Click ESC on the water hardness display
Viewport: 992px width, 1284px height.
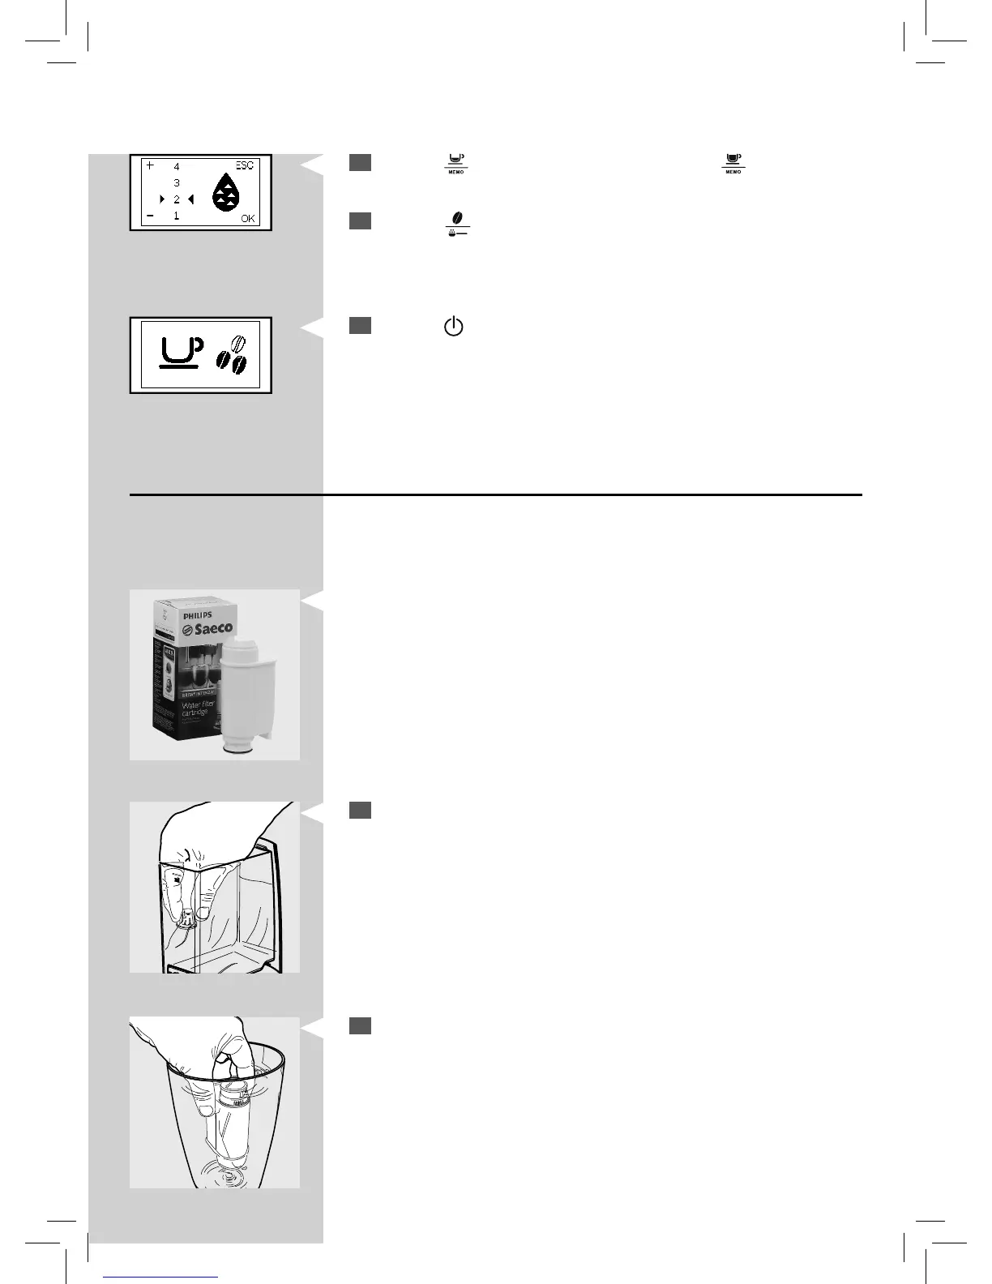244,166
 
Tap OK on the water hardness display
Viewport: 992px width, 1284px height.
247,218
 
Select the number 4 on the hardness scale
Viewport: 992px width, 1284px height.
177,166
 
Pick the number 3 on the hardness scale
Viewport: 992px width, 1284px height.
177,183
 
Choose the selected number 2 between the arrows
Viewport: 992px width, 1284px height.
177,199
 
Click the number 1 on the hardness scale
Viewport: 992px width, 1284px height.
177,216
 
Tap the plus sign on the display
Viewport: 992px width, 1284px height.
150,165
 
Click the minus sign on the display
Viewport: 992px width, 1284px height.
150,216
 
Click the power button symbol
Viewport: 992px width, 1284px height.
454,327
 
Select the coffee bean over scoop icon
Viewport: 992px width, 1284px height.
458,223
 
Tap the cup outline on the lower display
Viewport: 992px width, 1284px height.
180,352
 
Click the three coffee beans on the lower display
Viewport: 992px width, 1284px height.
233,356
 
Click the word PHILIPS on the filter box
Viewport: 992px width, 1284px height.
197,616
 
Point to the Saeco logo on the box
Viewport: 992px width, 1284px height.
207,628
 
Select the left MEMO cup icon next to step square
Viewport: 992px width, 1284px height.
456,163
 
